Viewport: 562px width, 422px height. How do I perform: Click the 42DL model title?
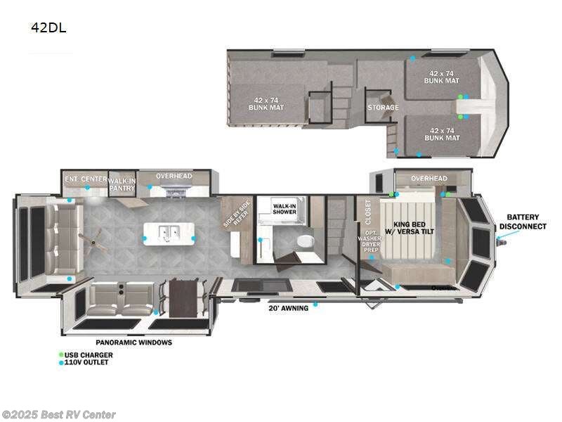(x=48, y=28)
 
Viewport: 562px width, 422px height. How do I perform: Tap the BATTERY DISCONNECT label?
(x=523, y=222)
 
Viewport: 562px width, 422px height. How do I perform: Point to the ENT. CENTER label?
(x=84, y=179)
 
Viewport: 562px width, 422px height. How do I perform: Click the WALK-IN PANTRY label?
(x=122, y=184)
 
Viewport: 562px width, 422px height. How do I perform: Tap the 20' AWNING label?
(x=289, y=308)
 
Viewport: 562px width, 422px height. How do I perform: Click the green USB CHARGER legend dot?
(x=61, y=354)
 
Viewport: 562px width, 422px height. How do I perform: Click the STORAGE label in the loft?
(x=383, y=108)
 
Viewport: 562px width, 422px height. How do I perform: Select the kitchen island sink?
(x=169, y=232)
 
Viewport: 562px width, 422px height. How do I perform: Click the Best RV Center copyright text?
(x=59, y=415)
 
